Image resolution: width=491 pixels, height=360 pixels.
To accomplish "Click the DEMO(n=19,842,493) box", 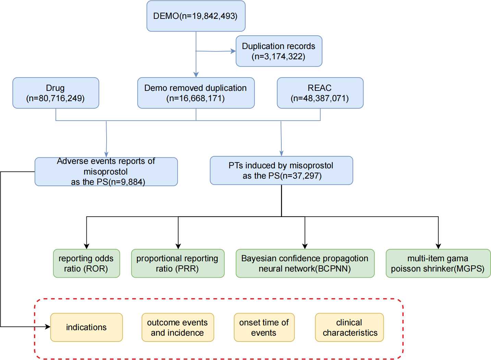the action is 196,16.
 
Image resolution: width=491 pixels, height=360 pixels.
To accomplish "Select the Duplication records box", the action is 279,51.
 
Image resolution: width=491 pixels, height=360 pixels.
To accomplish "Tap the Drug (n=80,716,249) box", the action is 56,93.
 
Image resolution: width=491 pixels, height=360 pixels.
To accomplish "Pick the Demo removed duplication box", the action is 196,93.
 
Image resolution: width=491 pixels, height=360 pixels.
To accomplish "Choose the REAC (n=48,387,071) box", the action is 320,93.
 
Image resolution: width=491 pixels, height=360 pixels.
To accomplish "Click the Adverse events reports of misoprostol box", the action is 106,171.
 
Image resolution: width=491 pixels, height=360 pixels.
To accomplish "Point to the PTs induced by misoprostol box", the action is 281,170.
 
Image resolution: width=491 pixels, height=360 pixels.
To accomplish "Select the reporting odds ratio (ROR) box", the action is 87,263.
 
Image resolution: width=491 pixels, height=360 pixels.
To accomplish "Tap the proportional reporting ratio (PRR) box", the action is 178,263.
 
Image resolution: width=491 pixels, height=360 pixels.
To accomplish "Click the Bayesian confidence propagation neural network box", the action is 305,263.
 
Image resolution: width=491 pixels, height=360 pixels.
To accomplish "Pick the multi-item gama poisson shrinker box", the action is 438,263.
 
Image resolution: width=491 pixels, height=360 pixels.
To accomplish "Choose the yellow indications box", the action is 87,327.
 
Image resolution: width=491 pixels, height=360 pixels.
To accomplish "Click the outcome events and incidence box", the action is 178,327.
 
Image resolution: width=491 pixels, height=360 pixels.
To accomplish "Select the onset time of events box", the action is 264,327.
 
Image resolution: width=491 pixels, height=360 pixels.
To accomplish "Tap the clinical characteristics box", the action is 349,327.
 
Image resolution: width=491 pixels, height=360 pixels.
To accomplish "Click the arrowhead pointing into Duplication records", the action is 233,51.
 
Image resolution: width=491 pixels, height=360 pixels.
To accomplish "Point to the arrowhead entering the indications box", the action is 48,327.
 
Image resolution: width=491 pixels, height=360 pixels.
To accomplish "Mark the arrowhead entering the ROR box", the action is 87,246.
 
